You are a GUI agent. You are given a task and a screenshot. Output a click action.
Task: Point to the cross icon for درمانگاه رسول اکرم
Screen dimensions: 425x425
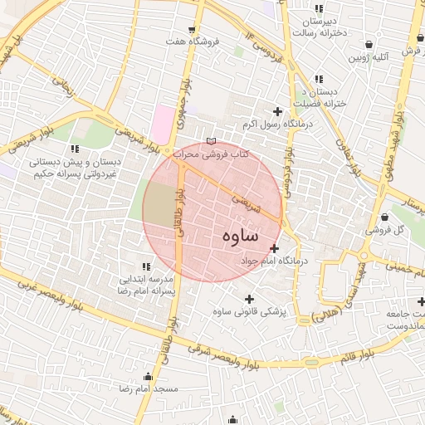pos(277,111)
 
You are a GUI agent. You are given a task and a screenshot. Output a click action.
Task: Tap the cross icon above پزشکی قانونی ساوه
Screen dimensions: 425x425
pos(249,299)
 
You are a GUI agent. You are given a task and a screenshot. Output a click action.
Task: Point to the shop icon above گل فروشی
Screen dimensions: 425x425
pos(383,217)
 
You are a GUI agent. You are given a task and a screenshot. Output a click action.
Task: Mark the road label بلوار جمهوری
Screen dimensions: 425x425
pos(186,97)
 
